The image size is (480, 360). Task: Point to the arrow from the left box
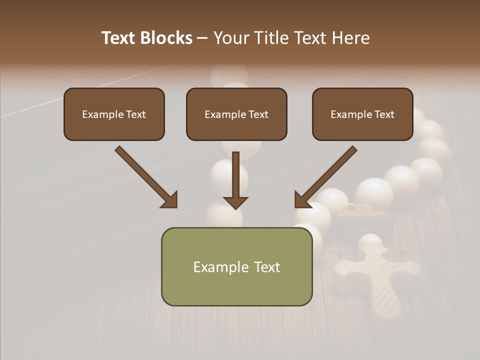pyautogui.click(x=145, y=176)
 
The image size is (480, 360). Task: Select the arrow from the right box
pyautogui.click(x=327, y=176)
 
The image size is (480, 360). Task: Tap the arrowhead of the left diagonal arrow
pyautogui.click(x=170, y=200)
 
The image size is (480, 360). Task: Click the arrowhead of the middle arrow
pyautogui.click(x=235, y=202)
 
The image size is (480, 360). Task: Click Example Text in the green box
pyautogui.click(x=236, y=267)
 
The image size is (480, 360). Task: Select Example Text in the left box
pyautogui.click(x=114, y=114)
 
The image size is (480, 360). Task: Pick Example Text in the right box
pyautogui.click(x=362, y=114)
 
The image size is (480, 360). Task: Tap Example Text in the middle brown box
pyautogui.click(x=236, y=114)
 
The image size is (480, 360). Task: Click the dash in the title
pyautogui.click(x=202, y=38)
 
